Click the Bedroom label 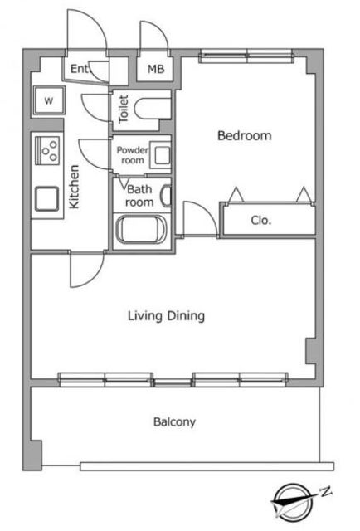[x=244, y=135]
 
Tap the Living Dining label [x=166, y=316]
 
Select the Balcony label [x=174, y=422]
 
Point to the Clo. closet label [x=261, y=221]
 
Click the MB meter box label [x=156, y=69]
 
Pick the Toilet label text [x=124, y=109]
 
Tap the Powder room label [x=133, y=155]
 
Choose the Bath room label [x=139, y=196]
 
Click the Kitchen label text [x=74, y=187]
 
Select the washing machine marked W [x=49, y=100]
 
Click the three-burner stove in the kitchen [x=48, y=150]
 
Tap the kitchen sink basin [x=46, y=199]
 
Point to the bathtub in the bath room [x=141, y=230]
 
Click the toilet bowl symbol [x=153, y=109]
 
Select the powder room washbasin [x=161, y=155]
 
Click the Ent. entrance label [x=80, y=69]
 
